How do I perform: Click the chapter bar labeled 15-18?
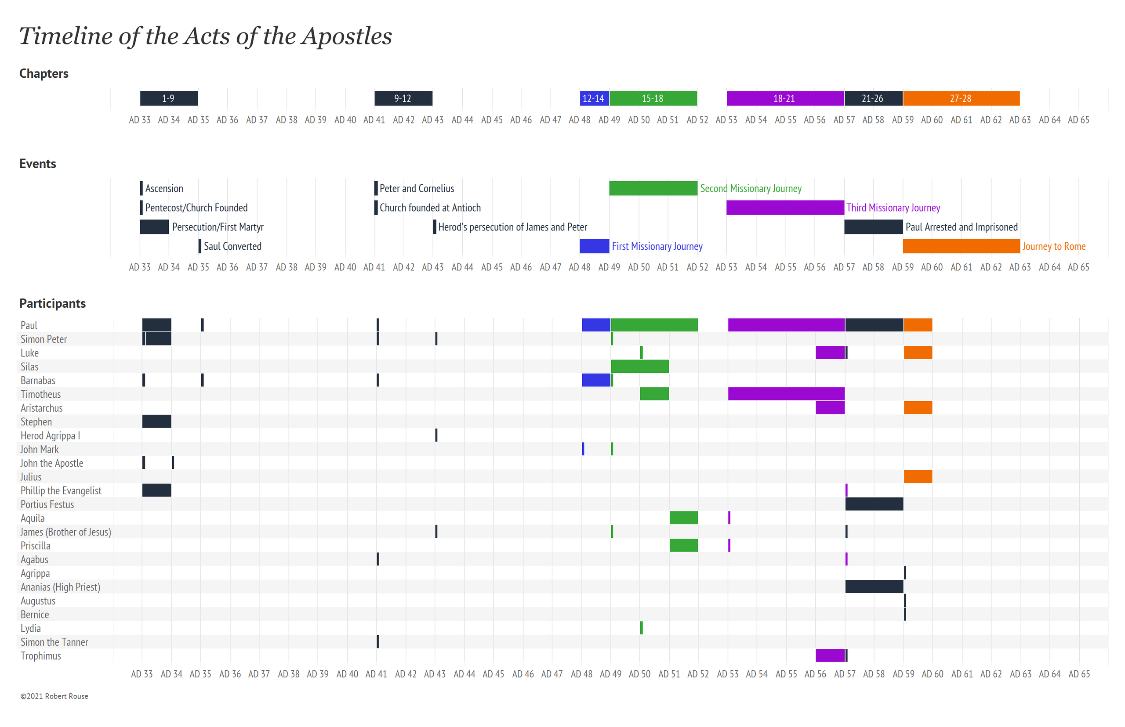[x=653, y=98]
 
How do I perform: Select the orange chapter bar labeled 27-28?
[x=961, y=98]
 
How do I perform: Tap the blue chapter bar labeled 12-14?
[x=593, y=98]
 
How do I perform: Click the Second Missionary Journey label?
[x=750, y=188]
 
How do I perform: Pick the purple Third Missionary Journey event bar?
[x=784, y=207]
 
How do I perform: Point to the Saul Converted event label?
[x=232, y=246]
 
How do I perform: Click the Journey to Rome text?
[x=1053, y=246]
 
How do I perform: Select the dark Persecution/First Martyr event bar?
[x=154, y=227]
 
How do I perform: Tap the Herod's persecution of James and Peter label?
[x=512, y=227]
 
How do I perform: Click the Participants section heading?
[x=52, y=303]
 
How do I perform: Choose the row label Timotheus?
[x=40, y=394]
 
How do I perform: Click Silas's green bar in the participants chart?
[x=639, y=366]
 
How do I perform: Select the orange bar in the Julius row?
[x=917, y=476]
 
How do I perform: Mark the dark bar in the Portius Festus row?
[x=874, y=504]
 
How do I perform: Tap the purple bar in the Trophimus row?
[x=829, y=655]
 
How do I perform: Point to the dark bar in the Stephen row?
[x=156, y=421]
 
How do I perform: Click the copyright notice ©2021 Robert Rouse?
[x=54, y=696]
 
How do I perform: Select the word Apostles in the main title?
[x=346, y=36]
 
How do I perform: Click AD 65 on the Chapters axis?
[x=1078, y=120]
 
